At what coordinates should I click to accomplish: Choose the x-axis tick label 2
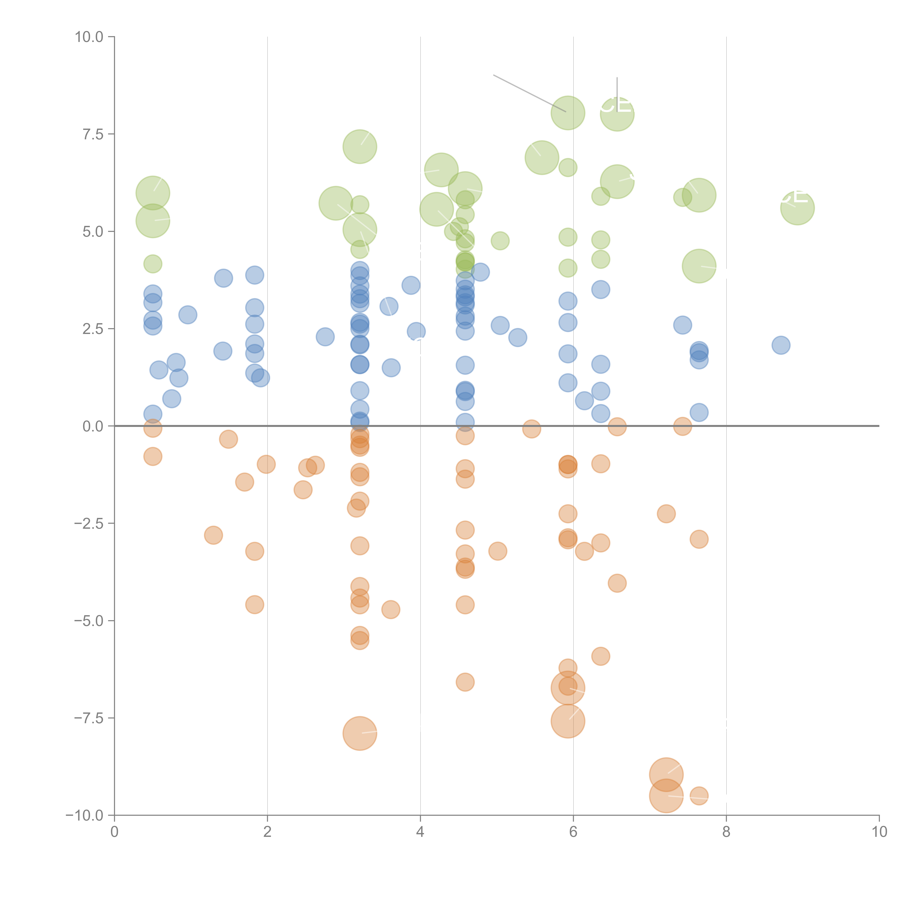pyautogui.click(x=267, y=832)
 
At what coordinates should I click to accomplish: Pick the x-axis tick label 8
pyautogui.click(x=726, y=832)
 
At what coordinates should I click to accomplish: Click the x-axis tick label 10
pyautogui.click(x=879, y=832)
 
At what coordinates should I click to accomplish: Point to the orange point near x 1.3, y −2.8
pyautogui.click(x=213, y=535)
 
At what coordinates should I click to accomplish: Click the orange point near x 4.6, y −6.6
pyautogui.click(x=465, y=682)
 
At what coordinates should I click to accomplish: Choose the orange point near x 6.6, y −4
pyautogui.click(x=617, y=583)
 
